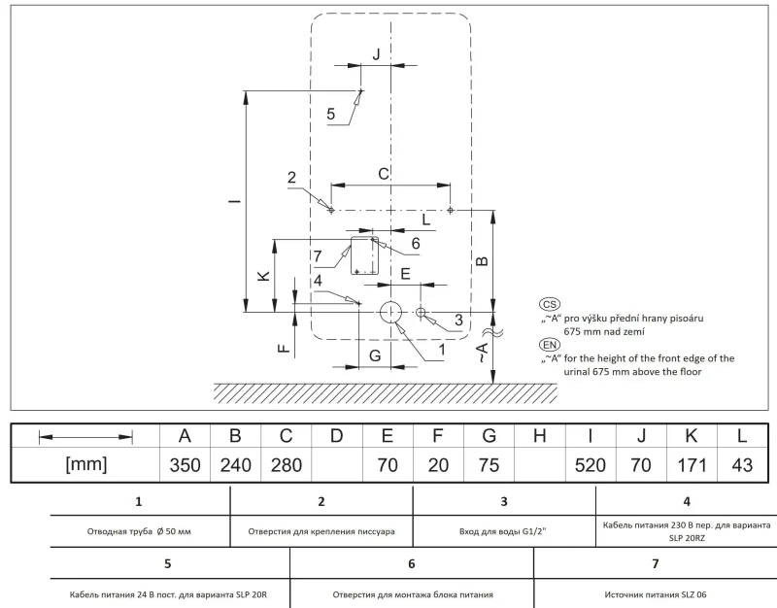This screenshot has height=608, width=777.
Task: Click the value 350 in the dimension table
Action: tap(185, 465)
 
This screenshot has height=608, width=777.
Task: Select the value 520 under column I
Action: tap(591, 465)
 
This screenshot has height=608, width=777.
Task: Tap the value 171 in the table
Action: tap(692, 465)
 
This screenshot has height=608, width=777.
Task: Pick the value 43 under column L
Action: tap(742, 465)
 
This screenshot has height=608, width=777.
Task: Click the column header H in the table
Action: tap(540, 436)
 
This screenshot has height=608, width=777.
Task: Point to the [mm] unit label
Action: tap(86, 464)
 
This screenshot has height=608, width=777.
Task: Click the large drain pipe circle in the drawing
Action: tap(391, 312)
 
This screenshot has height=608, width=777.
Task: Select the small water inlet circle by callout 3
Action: tap(421, 312)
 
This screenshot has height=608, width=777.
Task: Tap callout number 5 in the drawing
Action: tap(331, 114)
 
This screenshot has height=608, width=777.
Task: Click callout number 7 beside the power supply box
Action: tap(318, 256)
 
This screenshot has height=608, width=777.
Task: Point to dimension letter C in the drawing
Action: tap(384, 174)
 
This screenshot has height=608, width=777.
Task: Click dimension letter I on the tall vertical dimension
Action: tap(235, 201)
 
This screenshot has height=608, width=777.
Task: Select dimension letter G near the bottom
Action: tap(375, 355)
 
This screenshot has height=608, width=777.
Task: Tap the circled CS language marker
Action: tap(549, 304)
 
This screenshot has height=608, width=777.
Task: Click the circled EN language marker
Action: tap(549, 345)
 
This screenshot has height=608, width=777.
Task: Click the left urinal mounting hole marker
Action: tap(331, 210)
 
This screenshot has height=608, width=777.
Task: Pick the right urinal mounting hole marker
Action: tap(451, 210)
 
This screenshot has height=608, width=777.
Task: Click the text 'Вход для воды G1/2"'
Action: tap(502, 531)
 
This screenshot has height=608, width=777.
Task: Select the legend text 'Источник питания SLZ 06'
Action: tap(656, 594)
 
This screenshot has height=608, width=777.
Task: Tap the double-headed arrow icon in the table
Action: tap(85, 437)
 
